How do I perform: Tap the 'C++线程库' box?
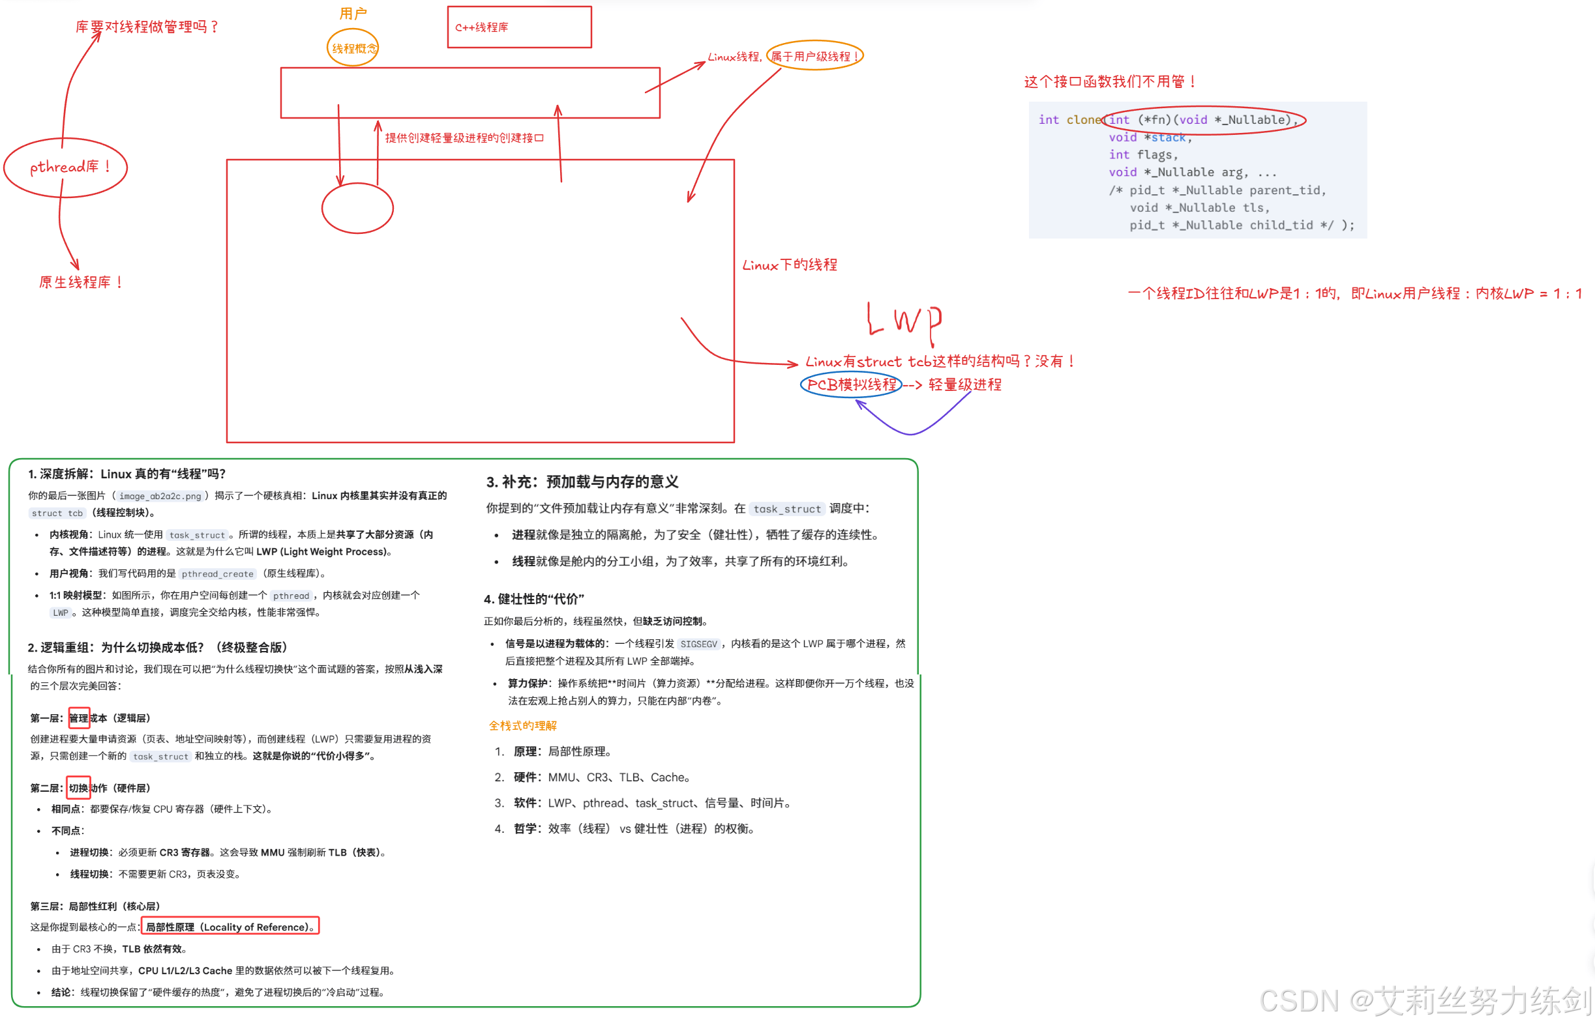pos(518,27)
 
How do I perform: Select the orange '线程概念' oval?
pos(353,48)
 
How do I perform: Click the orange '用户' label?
pos(353,13)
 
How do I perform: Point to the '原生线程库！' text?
pos(81,282)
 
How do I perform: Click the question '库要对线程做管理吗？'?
pos(147,27)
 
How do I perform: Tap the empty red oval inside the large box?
pos(357,208)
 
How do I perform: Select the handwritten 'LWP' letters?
pos(904,319)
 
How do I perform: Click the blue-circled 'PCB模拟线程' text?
pos(851,384)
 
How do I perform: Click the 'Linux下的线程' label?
pos(790,265)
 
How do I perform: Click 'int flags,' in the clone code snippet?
pos(1142,154)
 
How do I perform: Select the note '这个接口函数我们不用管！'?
pos(1110,81)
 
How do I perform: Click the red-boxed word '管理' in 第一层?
pos(79,718)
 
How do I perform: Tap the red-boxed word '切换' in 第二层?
pos(79,788)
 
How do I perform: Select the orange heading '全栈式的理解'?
pos(522,725)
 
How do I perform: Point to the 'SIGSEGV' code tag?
pos(698,644)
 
